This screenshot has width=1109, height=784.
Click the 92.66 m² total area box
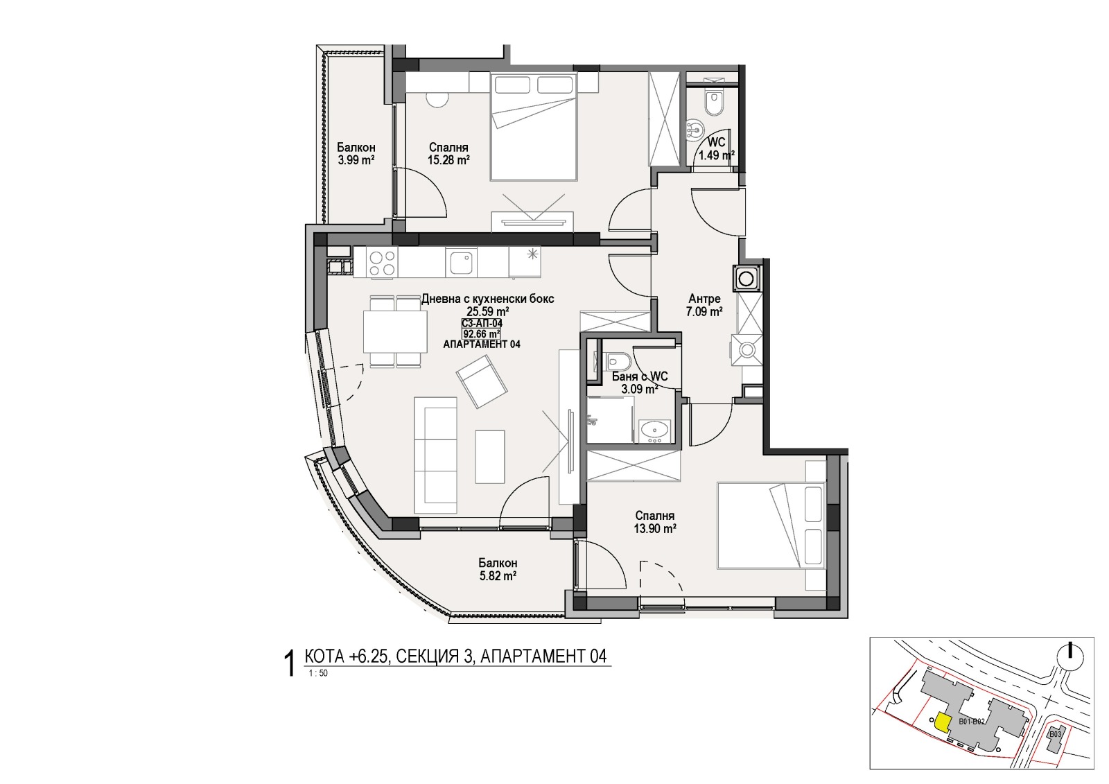(481, 333)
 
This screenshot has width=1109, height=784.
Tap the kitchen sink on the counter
(460, 263)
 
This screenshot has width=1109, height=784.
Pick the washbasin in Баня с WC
(654, 430)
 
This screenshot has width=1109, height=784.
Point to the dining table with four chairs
(394, 332)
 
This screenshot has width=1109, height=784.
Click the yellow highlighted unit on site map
(941, 723)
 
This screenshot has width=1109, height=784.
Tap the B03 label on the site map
(1055, 733)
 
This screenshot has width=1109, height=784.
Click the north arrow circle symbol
(1071, 656)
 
